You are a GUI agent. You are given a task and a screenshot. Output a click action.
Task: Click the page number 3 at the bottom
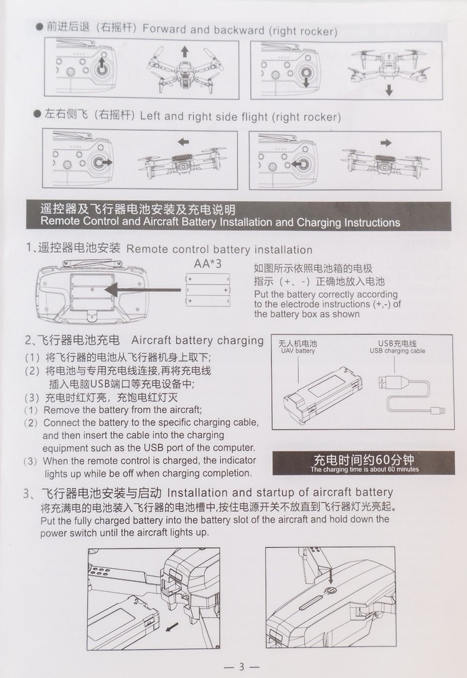[241, 666]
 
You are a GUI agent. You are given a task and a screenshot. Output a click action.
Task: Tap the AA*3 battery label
[207, 263]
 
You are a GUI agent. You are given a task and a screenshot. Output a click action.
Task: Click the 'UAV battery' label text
[298, 351]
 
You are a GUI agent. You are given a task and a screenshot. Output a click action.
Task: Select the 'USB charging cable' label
[397, 351]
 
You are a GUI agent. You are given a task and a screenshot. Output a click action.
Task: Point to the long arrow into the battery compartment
[143, 290]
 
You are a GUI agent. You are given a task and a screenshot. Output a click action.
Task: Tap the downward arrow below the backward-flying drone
[389, 90]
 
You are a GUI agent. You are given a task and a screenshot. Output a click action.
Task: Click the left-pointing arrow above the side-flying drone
[183, 142]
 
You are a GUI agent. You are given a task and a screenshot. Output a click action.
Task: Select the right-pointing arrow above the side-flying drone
[386, 142]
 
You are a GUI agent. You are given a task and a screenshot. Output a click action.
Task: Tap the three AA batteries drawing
[207, 290]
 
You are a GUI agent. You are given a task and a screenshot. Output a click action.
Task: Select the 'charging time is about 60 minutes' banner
[364, 463]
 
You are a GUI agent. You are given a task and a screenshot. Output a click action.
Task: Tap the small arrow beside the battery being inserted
[172, 626]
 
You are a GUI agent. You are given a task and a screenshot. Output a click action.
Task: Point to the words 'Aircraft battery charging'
[197, 341]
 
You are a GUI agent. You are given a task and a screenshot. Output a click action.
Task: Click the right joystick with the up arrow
[102, 66]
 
